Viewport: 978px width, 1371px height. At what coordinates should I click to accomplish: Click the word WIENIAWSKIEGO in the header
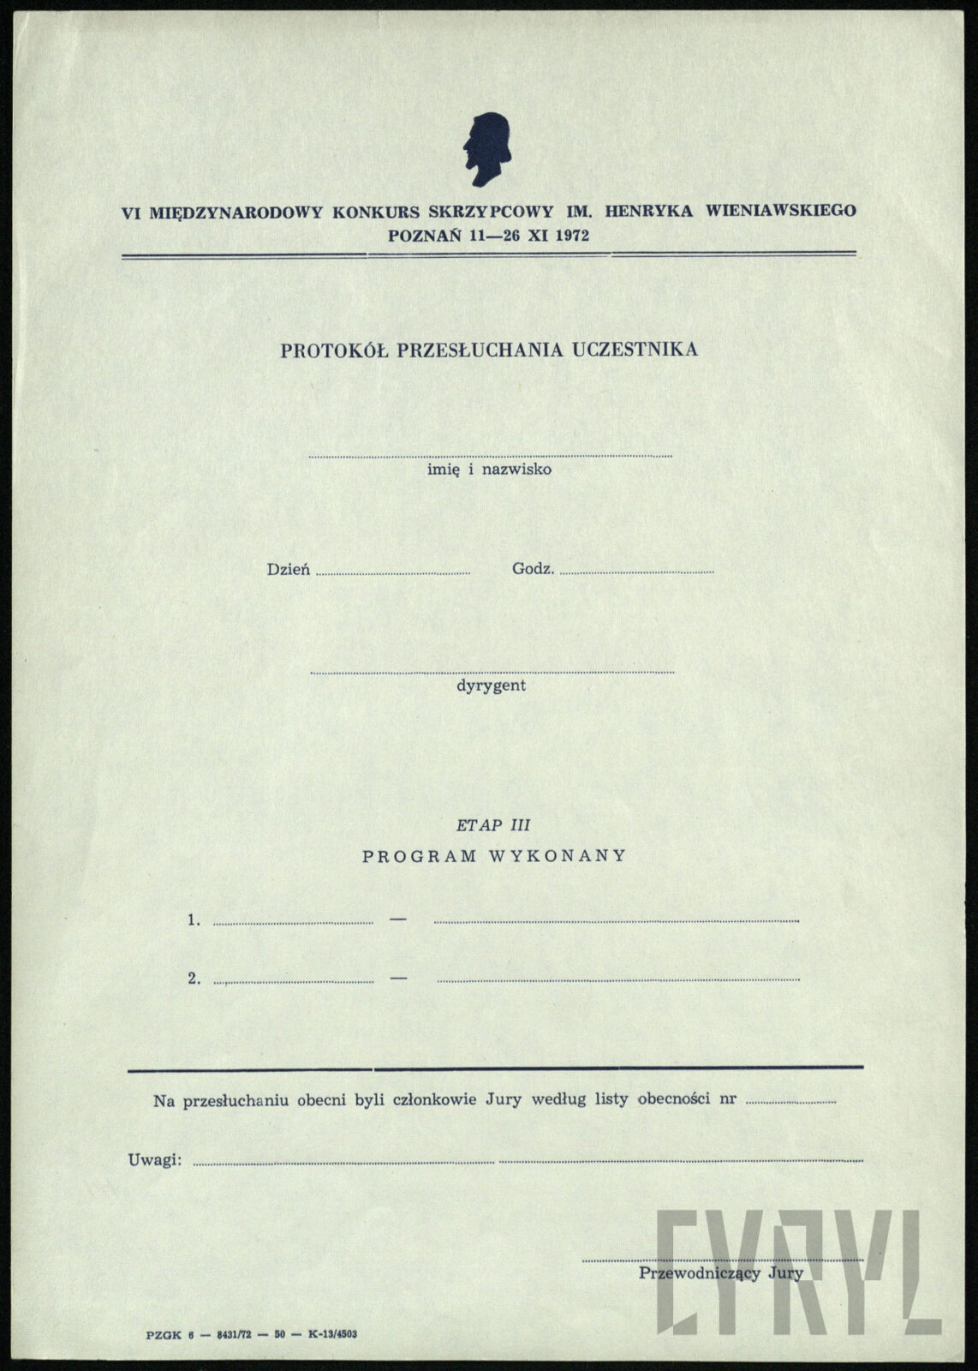click(x=780, y=210)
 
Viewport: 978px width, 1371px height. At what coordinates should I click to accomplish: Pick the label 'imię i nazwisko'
click(x=489, y=470)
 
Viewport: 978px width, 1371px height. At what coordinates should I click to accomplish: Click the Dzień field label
click(x=289, y=569)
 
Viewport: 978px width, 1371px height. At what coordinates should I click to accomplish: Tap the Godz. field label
click(x=533, y=569)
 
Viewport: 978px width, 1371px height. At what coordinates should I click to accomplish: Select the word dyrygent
click(x=491, y=686)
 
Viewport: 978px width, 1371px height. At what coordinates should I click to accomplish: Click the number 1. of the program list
click(x=194, y=920)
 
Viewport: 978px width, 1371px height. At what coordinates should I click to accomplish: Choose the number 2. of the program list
click(x=194, y=979)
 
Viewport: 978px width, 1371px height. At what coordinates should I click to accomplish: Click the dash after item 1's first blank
click(x=397, y=919)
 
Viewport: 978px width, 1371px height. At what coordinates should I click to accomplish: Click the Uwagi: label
click(x=155, y=1160)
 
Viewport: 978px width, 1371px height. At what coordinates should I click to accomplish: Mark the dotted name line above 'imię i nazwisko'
click(x=490, y=456)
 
